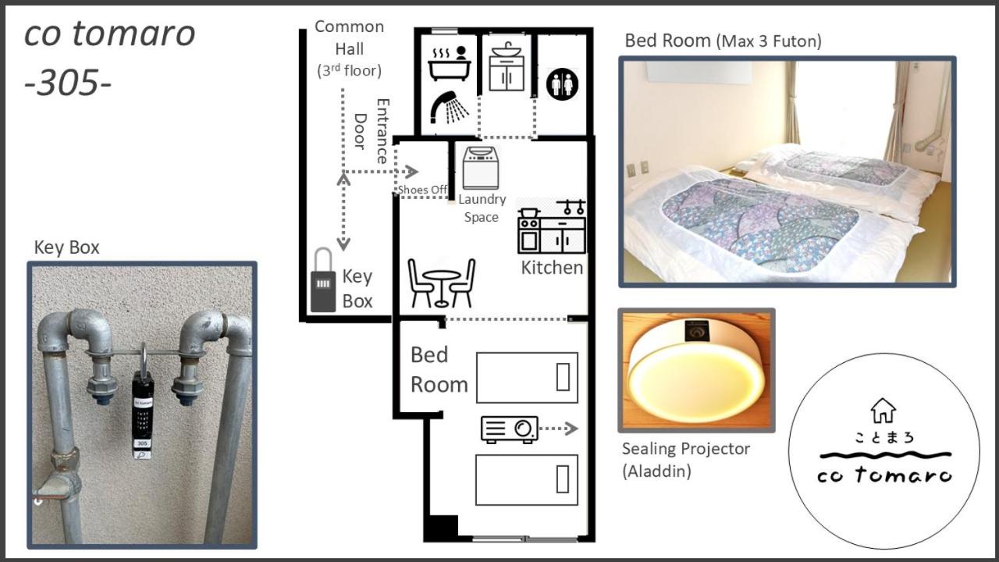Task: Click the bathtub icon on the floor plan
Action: coord(449,64)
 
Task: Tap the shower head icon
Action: coord(450,107)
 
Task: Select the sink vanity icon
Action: coord(507,67)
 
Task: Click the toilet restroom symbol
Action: coord(562,83)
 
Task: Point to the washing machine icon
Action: coord(480,167)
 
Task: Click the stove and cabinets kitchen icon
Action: coord(552,227)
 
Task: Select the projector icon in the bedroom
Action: coord(509,429)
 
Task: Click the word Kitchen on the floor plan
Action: coord(552,268)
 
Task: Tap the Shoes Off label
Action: coord(422,190)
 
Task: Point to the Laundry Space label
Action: coord(482,208)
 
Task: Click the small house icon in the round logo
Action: coord(883,410)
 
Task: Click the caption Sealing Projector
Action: coord(685,449)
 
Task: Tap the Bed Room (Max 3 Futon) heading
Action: coord(723,41)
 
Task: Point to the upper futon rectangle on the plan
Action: coord(527,378)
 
